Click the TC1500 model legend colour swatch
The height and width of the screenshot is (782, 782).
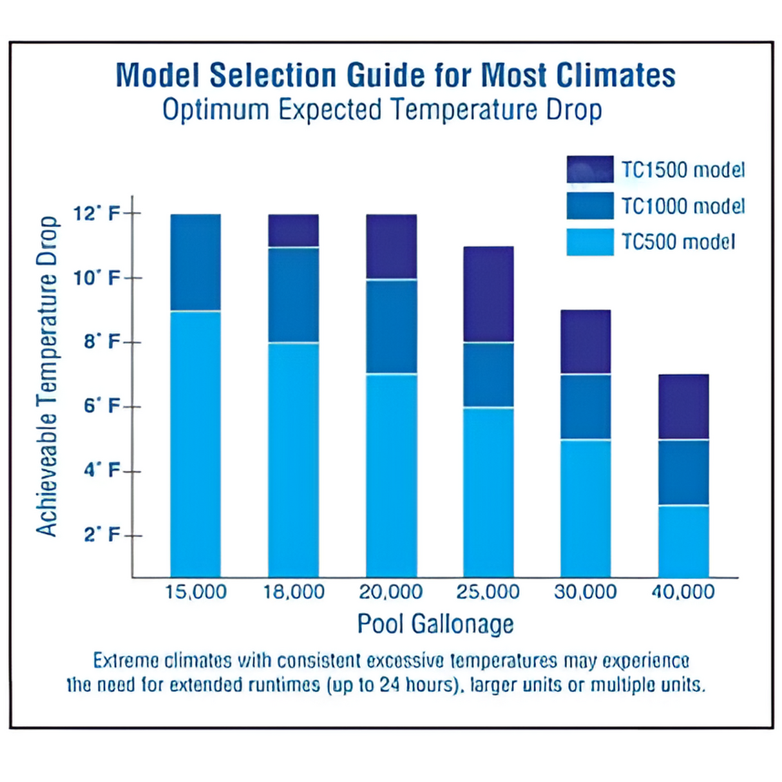coord(590,169)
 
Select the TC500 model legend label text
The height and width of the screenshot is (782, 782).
coord(678,242)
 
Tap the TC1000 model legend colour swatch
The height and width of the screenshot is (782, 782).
coord(590,206)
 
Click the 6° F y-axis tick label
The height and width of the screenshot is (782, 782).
coord(102,406)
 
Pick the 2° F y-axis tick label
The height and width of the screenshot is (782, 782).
coord(102,535)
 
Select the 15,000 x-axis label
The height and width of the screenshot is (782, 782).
coord(196,592)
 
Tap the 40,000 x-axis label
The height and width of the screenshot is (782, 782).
coord(683,592)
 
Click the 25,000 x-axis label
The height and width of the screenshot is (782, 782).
coord(488,592)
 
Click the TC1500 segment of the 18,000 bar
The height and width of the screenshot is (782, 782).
coord(294,231)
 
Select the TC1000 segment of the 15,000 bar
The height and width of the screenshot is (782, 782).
coord(196,262)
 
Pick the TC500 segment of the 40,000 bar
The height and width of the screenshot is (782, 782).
coord(683,541)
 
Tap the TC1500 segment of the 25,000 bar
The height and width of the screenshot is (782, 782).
coord(488,294)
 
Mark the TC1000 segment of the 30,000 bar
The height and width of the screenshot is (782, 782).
coord(586,406)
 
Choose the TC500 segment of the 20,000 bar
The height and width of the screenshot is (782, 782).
coord(392,475)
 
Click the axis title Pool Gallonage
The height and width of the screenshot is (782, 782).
coord(435,624)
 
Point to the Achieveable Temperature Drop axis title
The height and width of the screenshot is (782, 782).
coord(47,376)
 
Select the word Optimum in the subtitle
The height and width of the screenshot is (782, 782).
coord(215,110)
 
